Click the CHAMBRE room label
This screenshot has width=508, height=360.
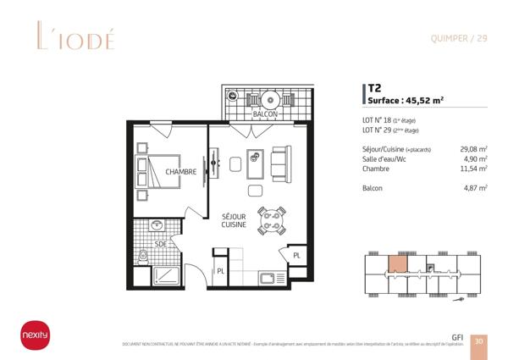181,172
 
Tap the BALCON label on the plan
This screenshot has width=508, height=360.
265,114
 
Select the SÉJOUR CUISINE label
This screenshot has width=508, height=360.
234,220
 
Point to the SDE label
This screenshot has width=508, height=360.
161,244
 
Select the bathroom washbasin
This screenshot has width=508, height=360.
157,226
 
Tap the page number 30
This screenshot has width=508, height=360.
479,341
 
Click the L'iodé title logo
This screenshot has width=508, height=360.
75,38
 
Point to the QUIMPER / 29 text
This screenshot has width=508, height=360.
458,37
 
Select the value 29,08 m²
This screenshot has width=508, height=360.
473,150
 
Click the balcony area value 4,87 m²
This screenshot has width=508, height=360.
477,188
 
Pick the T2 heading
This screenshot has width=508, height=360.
374,88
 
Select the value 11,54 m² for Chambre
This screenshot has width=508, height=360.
473,169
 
